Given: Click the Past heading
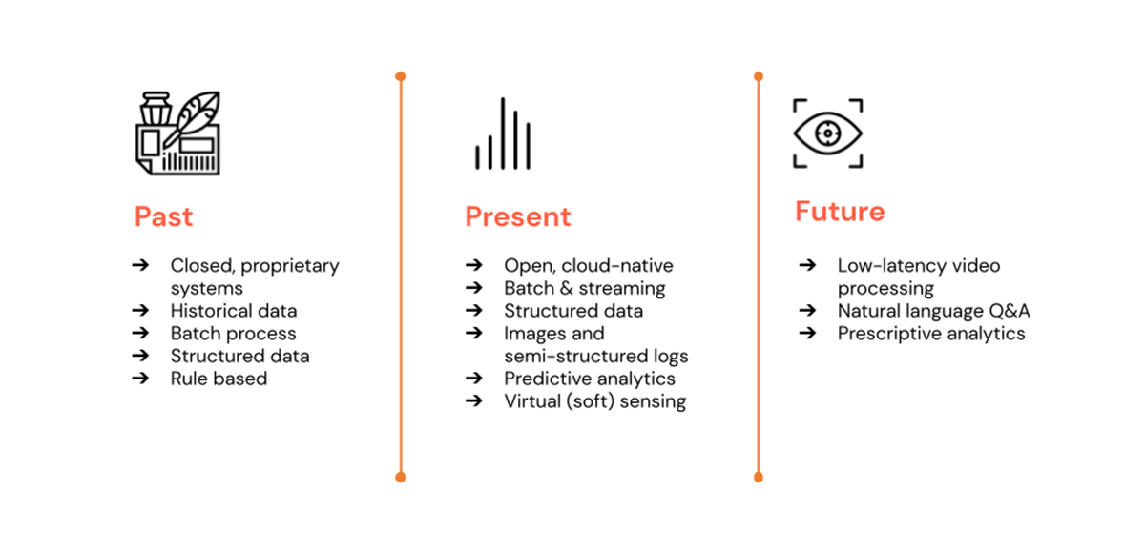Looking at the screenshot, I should [x=163, y=216].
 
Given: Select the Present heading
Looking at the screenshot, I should [x=518, y=216].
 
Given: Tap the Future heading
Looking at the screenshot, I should [x=840, y=211].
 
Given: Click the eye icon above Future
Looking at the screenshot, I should [x=827, y=133].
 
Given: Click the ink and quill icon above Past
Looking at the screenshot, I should [x=177, y=132].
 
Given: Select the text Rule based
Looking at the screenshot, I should [x=219, y=379].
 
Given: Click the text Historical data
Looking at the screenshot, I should [x=234, y=311].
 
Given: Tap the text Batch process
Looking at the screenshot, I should [x=234, y=334].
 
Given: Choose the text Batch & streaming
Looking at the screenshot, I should [x=585, y=288].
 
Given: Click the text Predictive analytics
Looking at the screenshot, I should [x=590, y=379].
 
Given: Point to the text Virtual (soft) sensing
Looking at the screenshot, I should [x=594, y=401].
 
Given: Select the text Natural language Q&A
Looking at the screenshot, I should [x=934, y=311].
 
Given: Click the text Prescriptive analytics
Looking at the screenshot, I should [x=931, y=334].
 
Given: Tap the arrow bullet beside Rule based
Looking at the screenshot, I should [x=140, y=379].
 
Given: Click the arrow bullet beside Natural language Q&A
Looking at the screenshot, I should [x=807, y=311].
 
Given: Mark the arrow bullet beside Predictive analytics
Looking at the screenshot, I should [x=473, y=379].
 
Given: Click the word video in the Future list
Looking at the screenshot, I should [x=975, y=265].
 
